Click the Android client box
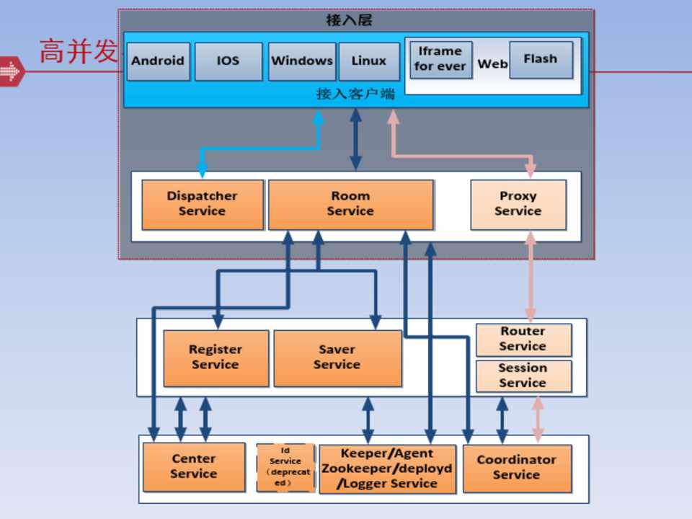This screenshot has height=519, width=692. click(x=158, y=61)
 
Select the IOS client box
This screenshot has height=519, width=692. click(x=228, y=61)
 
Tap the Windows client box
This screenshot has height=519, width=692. click(x=301, y=61)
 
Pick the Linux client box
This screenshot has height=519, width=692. click(x=368, y=61)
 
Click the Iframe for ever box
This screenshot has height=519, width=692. click(x=440, y=59)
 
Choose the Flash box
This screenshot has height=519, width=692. click(x=541, y=59)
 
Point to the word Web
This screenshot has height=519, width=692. click(x=492, y=64)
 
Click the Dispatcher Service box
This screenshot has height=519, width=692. click(x=202, y=204)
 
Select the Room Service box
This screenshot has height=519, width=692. click(x=350, y=204)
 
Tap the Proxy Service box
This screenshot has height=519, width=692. click(x=518, y=204)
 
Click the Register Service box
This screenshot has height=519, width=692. click(x=216, y=358)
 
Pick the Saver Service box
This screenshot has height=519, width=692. click(x=337, y=358)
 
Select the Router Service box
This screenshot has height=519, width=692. click(x=523, y=340)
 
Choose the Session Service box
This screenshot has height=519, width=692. click(x=523, y=376)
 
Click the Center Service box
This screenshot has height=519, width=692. click(x=193, y=466)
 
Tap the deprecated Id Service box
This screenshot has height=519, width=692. click(x=285, y=467)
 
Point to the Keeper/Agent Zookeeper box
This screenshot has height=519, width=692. click(x=386, y=469)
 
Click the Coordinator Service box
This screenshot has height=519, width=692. click(x=516, y=468)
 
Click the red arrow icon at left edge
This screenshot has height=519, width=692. click(x=11, y=71)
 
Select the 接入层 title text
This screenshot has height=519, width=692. click(x=349, y=20)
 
